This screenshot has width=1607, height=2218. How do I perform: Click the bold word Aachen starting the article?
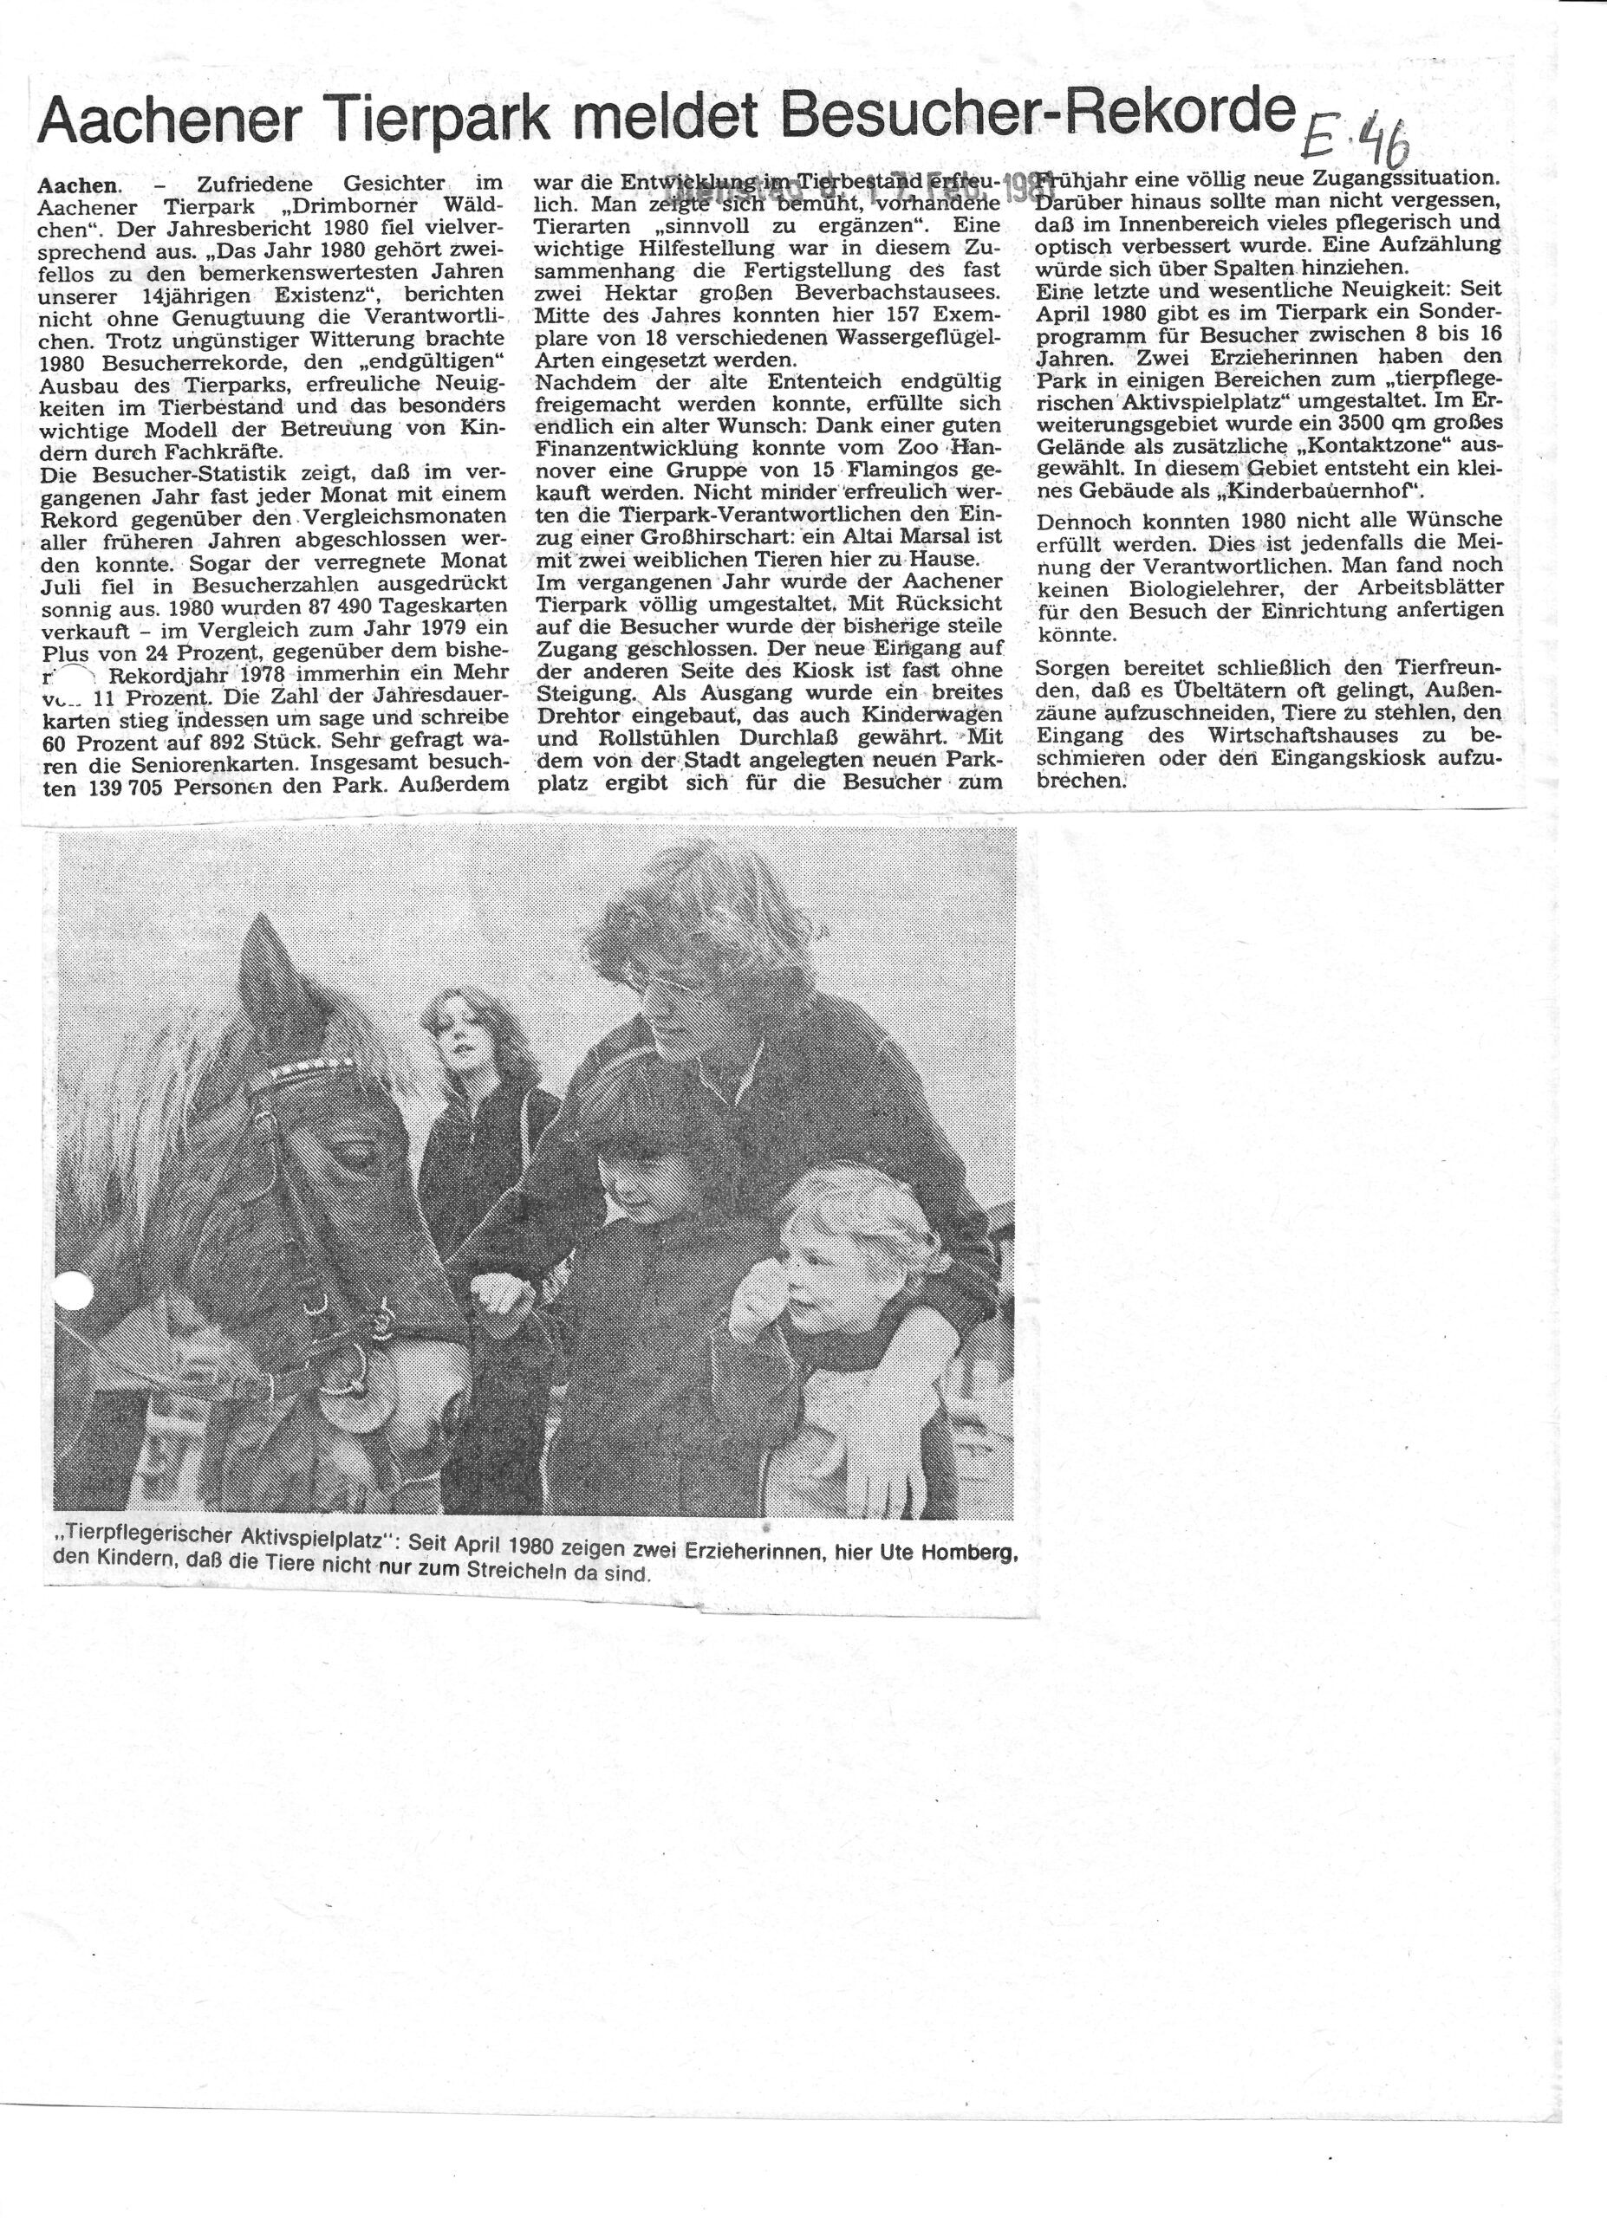click(77, 183)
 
